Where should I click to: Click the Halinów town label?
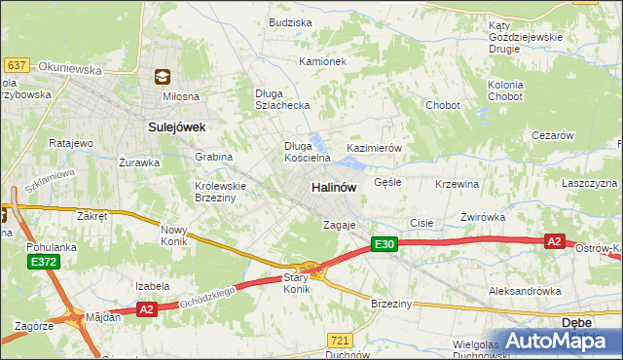tap(333, 186)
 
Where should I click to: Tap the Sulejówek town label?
tap(176, 126)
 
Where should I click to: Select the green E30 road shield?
tap(384, 245)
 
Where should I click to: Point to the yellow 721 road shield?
tap(340, 340)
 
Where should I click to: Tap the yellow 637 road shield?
tap(16, 65)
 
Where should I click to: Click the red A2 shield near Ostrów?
tap(555, 241)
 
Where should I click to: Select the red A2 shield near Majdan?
tap(147, 308)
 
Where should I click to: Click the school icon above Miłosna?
tap(163, 77)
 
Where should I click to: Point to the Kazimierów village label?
tap(375, 148)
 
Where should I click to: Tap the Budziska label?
tap(290, 21)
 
